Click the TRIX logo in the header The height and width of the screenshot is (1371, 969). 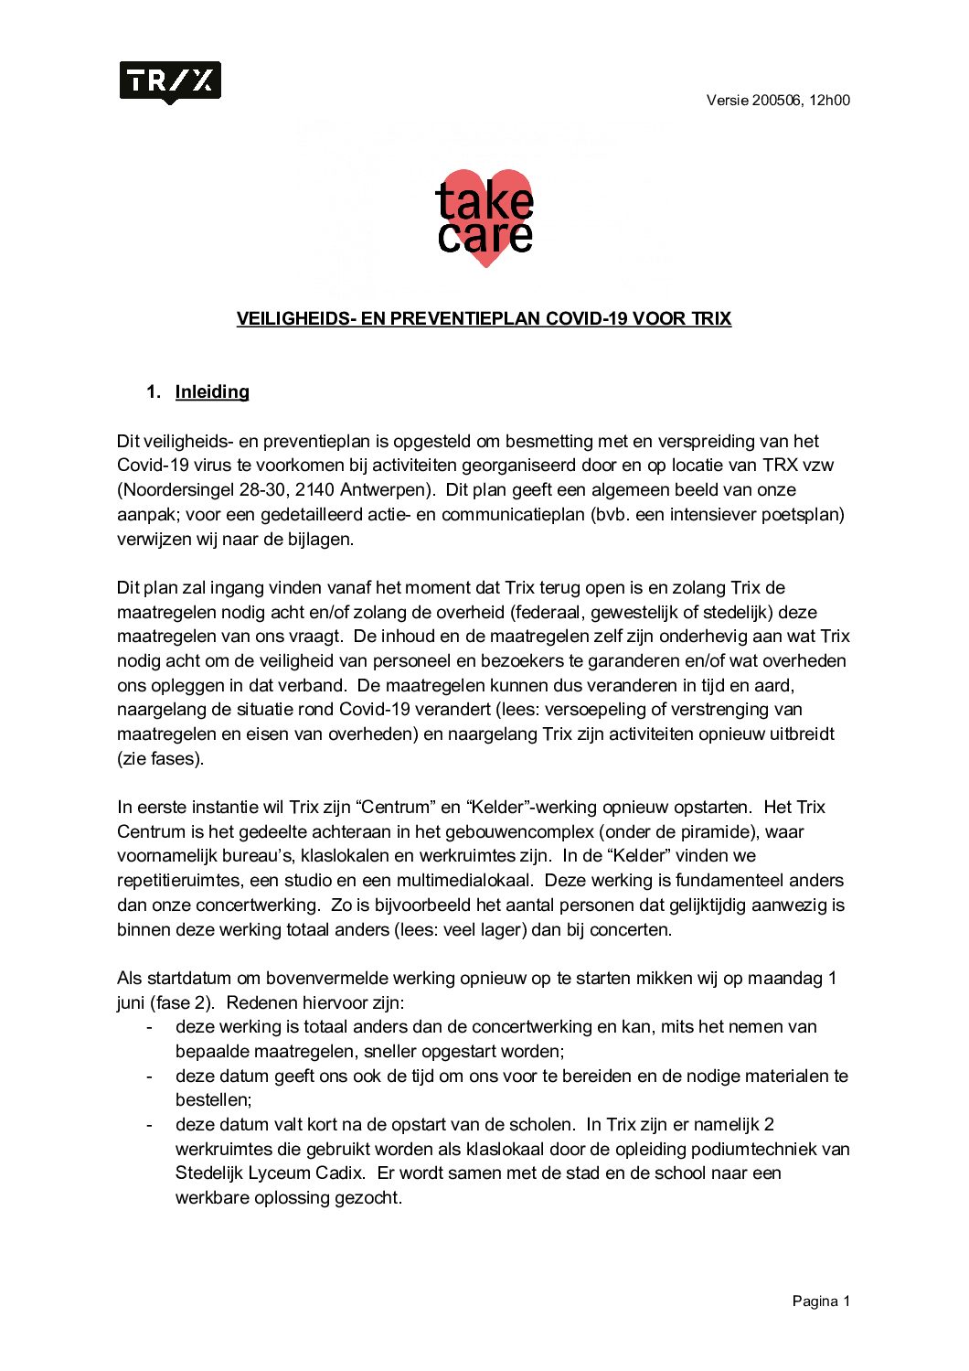(170, 82)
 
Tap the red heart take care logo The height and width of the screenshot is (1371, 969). (484, 218)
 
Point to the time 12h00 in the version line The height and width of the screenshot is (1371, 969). (829, 101)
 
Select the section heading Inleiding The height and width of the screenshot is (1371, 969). (212, 391)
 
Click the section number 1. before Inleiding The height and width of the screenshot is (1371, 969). (154, 391)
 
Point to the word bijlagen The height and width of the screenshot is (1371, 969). (319, 539)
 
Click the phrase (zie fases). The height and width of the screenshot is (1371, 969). (161, 758)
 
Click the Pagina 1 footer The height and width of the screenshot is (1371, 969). (821, 1301)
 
